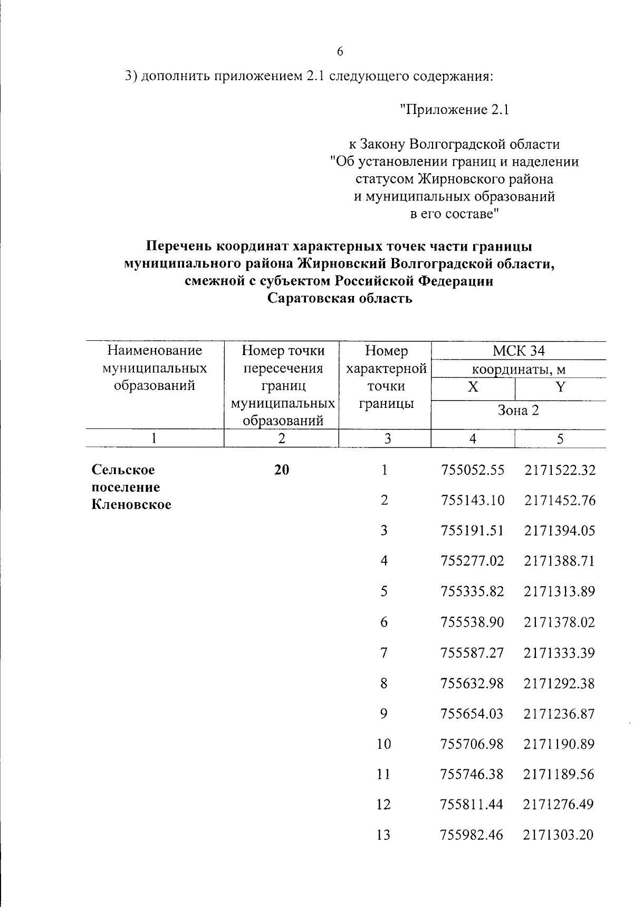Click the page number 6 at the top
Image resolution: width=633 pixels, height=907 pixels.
click(x=339, y=51)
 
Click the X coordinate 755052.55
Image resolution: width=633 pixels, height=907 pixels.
click(x=472, y=470)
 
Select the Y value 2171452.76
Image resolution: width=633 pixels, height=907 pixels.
click(x=560, y=500)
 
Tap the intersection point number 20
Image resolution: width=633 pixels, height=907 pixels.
click(x=282, y=470)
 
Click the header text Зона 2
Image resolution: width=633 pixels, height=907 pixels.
click(x=519, y=410)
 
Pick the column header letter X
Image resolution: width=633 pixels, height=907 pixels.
click(x=473, y=387)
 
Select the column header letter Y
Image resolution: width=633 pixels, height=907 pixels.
click(x=560, y=387)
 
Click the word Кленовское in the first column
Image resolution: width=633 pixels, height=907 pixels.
click(x=131, y=504)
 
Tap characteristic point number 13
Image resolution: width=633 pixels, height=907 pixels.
click(x=383, y=835)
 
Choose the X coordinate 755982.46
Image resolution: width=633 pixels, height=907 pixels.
click(x=472, y=835)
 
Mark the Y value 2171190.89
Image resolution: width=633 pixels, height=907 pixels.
click(x=559, y=744)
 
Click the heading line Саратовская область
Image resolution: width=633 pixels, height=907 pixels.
click(x=339, y=299)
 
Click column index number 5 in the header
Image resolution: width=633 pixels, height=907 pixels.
click(x=560, y=438)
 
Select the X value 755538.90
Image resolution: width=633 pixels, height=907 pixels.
click(x=472, y=622)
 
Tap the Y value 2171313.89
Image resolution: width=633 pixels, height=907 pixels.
click(x=559, y=591)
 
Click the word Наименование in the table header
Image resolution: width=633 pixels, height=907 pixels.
click(x=155, y=351)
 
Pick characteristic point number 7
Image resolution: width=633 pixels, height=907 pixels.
click(x=383, y=653)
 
